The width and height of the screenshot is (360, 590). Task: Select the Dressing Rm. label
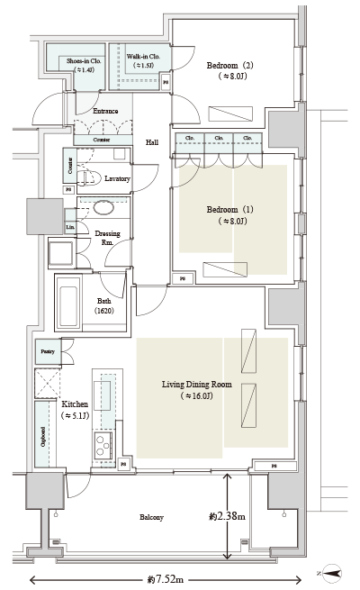click(109, 237)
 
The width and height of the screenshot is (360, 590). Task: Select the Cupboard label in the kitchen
click(42, 437)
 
